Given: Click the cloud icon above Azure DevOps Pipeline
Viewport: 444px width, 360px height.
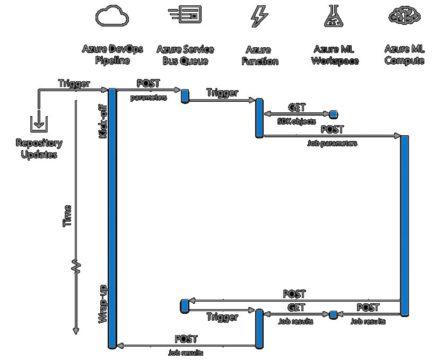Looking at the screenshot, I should point(112,16).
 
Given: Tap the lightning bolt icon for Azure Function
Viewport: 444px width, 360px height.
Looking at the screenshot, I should point(259,16).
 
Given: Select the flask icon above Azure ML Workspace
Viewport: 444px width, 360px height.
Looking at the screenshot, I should point(335,16).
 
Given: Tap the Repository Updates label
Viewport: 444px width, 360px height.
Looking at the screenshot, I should point(39,148).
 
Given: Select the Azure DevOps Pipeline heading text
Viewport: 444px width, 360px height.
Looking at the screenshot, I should point(112,55).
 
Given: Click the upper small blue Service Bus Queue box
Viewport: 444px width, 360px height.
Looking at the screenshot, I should point(185,95).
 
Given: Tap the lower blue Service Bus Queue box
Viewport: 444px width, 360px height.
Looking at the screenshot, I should point(185,305).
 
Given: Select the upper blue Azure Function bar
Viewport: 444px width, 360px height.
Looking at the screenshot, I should point(259,118).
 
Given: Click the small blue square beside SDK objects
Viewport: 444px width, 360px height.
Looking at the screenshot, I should point(334,113).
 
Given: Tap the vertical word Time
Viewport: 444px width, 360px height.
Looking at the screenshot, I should point(67,216).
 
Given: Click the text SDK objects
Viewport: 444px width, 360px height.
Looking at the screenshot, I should point(297,121).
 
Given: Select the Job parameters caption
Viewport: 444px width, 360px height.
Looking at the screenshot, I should point(332,143).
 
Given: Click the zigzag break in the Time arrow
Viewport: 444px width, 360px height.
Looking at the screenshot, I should point(76,267).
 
